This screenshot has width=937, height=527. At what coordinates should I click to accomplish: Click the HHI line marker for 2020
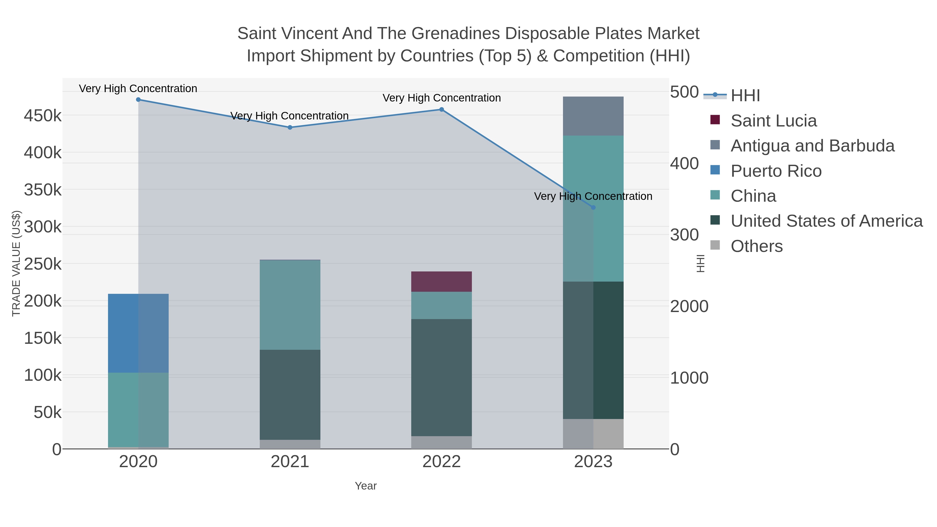[138, 100]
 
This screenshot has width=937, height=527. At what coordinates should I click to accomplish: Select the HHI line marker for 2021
[290, 127]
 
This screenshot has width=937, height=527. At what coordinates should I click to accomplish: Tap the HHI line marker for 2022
[442, 110]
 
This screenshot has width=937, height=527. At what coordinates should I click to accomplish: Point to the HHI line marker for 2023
[593, 207]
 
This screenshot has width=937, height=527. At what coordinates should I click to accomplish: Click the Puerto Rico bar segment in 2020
[138, 333]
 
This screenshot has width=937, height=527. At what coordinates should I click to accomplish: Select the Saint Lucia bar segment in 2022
[442, 282]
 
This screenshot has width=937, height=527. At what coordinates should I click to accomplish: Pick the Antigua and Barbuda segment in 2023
[593, 116]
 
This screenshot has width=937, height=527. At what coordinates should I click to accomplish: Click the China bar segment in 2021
[290, 305]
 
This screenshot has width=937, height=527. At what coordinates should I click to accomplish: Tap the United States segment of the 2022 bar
[442, 378]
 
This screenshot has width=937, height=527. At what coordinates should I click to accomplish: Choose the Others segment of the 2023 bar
[593, 434]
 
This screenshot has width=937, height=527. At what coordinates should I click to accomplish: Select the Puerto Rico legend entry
[776, 171]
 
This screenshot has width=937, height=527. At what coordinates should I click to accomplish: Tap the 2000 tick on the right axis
[689, 306]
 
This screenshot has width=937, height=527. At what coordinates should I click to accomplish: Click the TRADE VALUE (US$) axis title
[16, 263]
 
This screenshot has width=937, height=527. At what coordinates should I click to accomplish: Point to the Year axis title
[366, 486]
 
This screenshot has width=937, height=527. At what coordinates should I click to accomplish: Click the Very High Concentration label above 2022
[442, 98]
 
